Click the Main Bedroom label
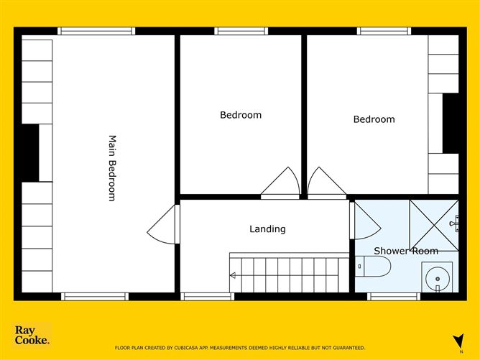(113, 168)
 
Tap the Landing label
(267, 229)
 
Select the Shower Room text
(406, 251)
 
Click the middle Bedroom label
(241, 115)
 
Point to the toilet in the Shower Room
(373, 267)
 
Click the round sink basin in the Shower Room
(438, 279)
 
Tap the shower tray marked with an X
(434, 225)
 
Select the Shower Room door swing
(366, 221)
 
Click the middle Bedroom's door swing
(280, 183)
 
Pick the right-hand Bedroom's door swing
(327, 183)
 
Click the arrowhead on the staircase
(233, 275)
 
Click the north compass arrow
(459, 341)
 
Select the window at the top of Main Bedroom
(96, 31)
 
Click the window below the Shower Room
(394, 297)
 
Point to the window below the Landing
(208, 297)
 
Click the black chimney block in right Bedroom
(451, 124)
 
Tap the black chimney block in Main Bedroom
(30, 153)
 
